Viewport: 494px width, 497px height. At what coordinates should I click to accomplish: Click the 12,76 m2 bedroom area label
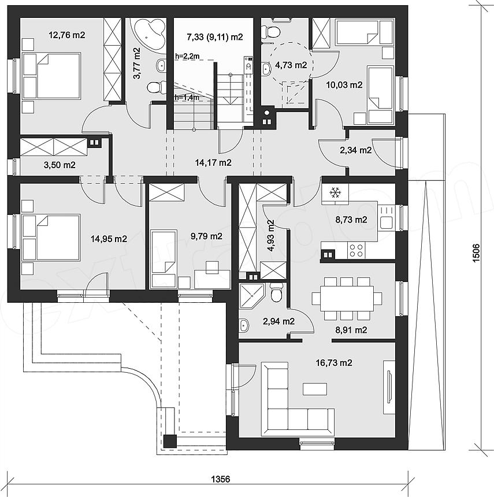tap(67, 35)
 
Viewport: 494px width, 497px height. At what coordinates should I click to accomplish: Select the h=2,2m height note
tap(187, 57)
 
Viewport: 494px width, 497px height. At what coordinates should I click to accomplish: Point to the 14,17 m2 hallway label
tap(213, 162)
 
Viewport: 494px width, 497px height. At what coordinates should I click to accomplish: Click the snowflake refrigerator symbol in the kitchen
tap(335, 192)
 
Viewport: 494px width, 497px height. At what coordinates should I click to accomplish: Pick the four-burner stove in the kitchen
tap(356, 250)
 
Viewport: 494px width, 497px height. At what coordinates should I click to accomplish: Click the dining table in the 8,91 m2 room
tap(347, 299)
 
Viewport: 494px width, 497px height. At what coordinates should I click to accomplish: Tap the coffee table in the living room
tap(315, 389)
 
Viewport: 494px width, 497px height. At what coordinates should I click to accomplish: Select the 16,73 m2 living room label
tap(334, 362)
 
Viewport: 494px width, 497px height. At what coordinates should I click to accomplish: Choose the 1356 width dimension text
tap(221, 479)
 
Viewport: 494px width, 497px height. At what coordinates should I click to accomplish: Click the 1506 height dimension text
tap(477, 253)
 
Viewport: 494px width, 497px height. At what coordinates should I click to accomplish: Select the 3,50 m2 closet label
tap(60, 165)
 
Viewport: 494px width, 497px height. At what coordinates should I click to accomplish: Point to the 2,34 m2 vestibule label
tap(355, 150)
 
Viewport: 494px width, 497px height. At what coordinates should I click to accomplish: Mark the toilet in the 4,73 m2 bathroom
tap(271, 32)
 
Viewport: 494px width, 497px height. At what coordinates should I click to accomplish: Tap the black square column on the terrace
tap(170, 441)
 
